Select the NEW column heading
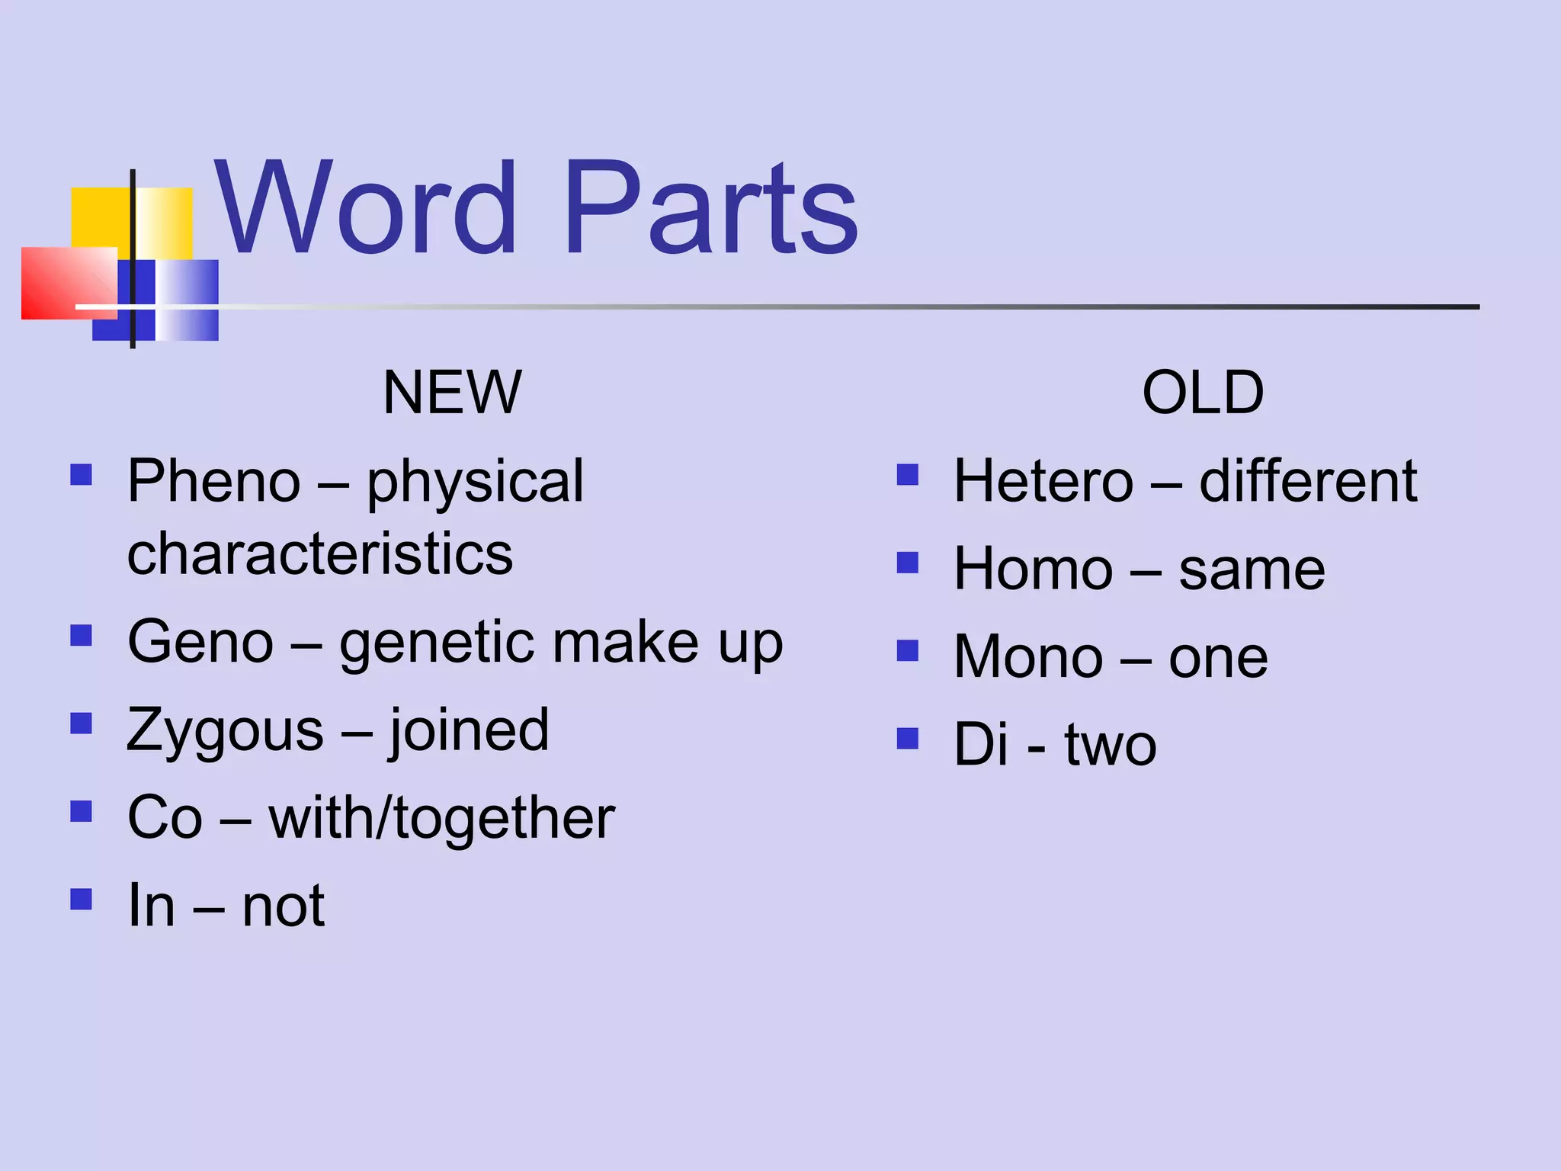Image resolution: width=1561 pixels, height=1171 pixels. pos(452,393)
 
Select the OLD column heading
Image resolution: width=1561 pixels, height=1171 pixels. pos(1203,393)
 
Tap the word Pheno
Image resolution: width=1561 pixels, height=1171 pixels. pos(214,482)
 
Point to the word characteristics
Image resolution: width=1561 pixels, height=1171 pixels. pos(320,554)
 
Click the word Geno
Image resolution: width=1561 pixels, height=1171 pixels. pos(200,643)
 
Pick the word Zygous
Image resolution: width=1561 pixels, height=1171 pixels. pos(226,730)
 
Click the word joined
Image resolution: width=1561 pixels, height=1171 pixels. pos(469,730)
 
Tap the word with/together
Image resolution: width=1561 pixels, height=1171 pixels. pos(442,818)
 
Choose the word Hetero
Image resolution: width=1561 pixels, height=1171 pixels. pos(1043,482)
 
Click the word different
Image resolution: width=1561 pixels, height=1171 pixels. pos(1308,482)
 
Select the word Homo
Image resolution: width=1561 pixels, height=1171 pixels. pos(1034,569)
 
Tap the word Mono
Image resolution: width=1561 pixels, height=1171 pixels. pos(1028,657)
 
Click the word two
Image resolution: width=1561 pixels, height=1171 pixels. pos(1111,746)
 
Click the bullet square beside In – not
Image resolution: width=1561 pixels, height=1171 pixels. pos(81,900)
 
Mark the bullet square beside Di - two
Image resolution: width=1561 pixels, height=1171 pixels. pos(908,739)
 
